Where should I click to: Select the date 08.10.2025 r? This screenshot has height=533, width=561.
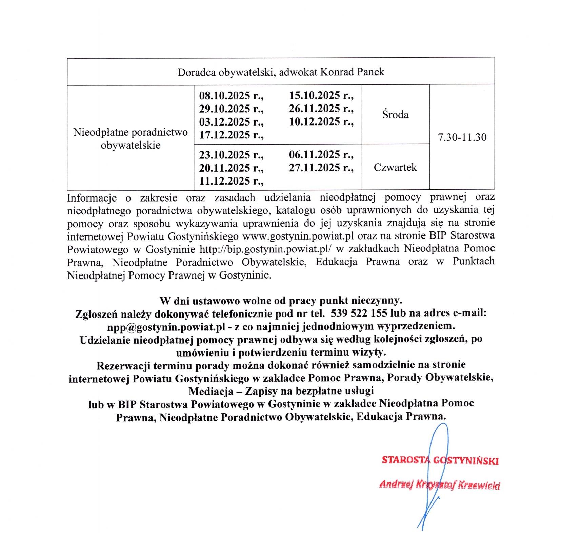(x=231, y=95)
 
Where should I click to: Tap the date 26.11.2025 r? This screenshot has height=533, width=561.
(x=321, y=108)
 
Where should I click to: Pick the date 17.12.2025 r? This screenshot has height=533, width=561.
(x=231, y=135)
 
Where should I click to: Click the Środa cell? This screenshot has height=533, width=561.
(x=395, y=115)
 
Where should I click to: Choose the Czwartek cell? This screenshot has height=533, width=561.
(x=395, y=167)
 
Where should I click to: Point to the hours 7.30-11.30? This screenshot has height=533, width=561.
(x=462, y=137)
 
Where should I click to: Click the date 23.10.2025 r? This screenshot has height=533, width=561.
(x=231, y=155)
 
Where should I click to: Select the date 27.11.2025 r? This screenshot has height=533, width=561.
(x=321, y=168)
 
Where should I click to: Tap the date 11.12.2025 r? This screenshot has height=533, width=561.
(x=231, y=181)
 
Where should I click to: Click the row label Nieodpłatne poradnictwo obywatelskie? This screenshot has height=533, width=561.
(x=131, y=138)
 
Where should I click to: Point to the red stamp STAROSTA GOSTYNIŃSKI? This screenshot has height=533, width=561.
(x=440, y=460)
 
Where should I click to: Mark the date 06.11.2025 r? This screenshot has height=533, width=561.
(x=321, y=155)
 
